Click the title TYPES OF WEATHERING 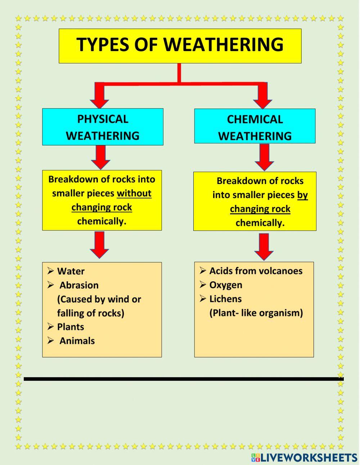[180, 45]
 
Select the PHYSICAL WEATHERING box [103, 127]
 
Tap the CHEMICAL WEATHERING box [255, 127]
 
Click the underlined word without [134, 193]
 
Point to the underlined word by [302, 195]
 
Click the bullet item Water [71, 271]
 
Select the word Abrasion [79, 285]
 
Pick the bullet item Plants [70, 327]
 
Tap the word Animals [77, 341]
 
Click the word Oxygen [226, 285]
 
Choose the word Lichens [225, 299]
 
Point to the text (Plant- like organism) [256, 313]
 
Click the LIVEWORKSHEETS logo [304, 457]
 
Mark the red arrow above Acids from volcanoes [264, 247]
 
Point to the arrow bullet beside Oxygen [203, 285]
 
